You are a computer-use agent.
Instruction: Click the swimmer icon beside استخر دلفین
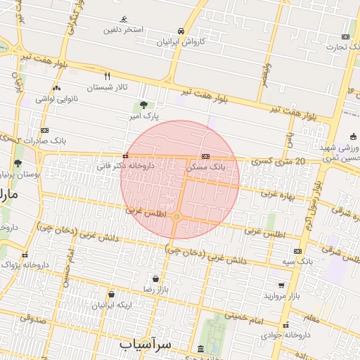124,19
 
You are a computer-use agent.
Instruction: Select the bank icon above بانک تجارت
345,37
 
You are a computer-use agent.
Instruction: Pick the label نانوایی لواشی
55,98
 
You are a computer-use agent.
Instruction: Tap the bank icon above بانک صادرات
45,130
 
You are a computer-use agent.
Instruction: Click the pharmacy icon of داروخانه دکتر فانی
125,156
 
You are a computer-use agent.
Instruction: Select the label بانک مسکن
206,169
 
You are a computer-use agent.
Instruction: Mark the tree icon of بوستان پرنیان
18,164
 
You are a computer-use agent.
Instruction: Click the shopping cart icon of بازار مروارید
281,285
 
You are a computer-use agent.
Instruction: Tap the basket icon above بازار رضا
154,278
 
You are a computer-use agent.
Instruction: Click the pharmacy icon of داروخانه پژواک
25,255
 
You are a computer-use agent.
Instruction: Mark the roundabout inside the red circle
177,217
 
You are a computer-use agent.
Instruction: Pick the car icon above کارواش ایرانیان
181,31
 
